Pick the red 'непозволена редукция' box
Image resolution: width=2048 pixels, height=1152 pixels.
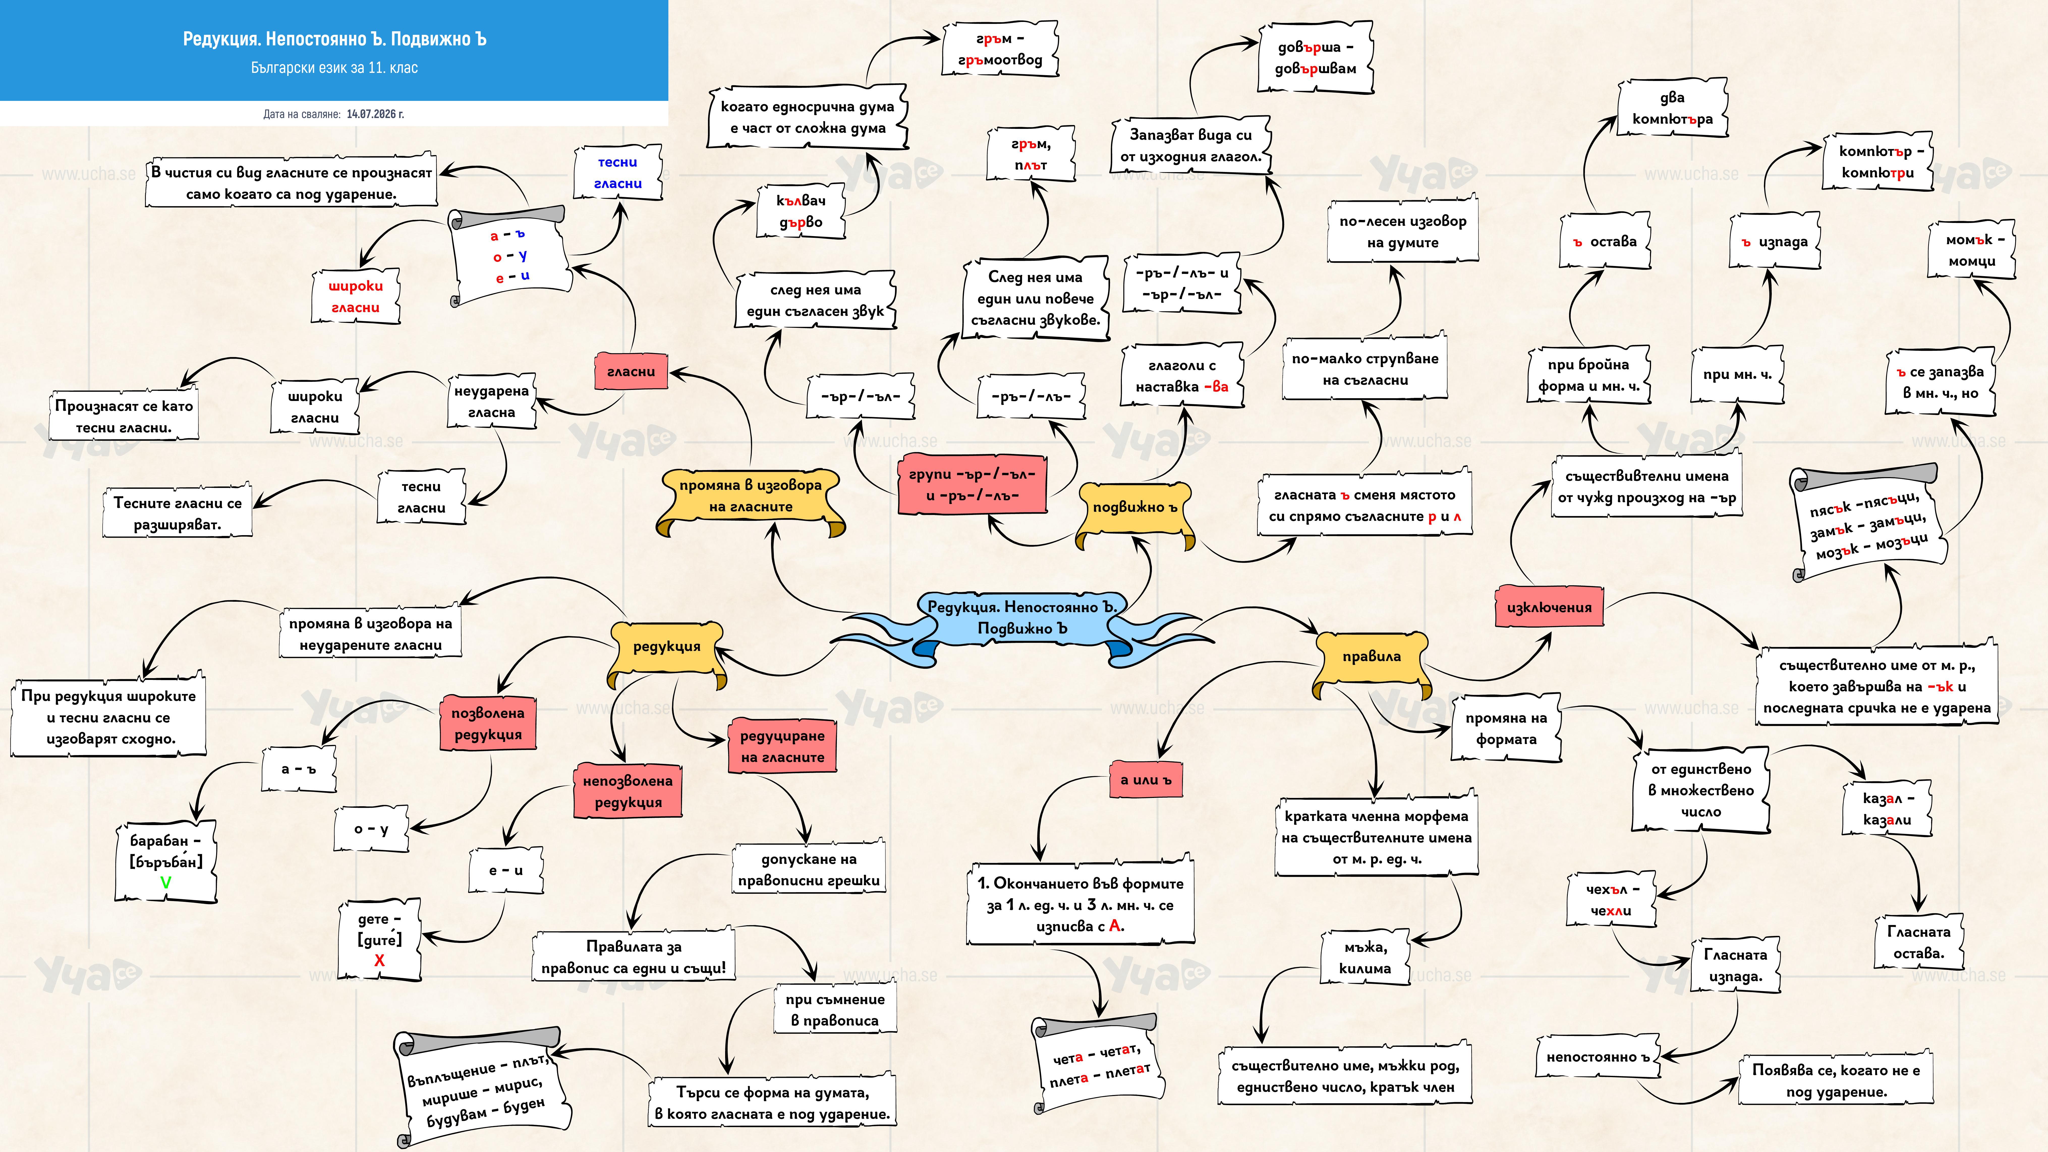pos(628,791)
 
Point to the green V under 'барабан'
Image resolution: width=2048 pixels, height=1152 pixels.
pos(165,882)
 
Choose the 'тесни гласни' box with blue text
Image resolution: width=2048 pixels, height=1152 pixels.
pos(618,172)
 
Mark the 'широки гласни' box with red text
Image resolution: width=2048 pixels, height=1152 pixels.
pos(355,297)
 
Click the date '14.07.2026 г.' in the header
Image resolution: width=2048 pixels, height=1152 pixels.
pos(375,114)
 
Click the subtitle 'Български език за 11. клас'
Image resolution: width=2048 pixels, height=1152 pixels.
pos(334,68)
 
